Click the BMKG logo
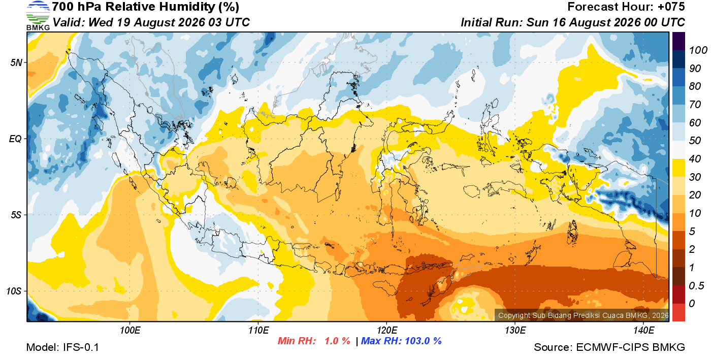38,16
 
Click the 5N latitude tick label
16,62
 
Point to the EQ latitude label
16,139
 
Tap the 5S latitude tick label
16,215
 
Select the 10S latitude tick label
14,291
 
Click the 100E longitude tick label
130,331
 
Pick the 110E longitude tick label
258,331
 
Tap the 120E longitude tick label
387,331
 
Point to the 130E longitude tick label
515,331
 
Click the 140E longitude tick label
644,331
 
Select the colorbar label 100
698,50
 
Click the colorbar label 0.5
696,286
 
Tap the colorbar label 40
695,159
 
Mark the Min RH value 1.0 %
337,341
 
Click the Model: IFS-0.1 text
62,347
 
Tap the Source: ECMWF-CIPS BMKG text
609,347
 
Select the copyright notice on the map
584,315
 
